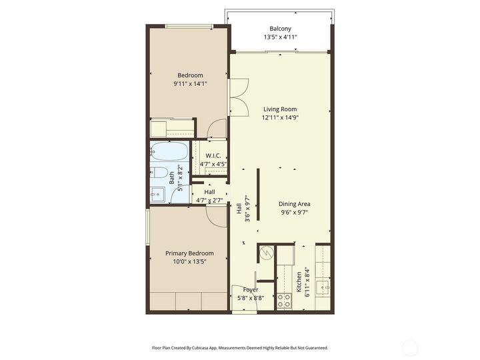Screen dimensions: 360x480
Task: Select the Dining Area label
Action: click(x=294, y=204)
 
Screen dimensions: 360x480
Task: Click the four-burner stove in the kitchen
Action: click(x=283, y=301)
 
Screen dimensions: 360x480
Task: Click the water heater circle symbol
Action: click(x=267, y=253)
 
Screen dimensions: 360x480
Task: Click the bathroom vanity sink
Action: click(x=157, y=194)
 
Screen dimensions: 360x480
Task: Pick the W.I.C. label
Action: click(x=213, y=155)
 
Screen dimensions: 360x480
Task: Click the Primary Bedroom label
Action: click(x=189, y=253)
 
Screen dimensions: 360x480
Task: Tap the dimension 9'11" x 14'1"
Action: click(x=190, y=84)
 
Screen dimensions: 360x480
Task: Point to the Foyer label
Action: click(x=251, y=290)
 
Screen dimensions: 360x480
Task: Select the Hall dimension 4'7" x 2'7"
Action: click(x=209, y=200)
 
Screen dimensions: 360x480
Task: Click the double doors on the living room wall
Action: click(x=237, y=97)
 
